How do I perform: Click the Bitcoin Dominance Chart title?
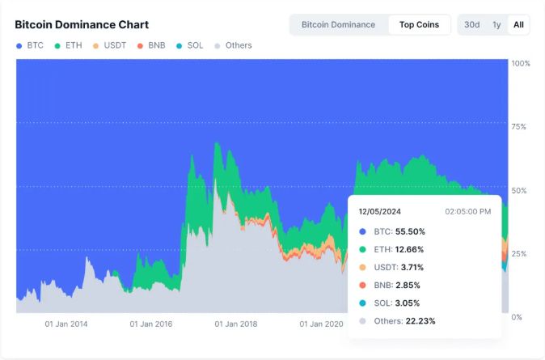click(82, 25)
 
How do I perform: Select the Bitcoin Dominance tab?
click(338, 24)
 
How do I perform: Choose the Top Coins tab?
click(419, 24)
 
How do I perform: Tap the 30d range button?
click(471, 24)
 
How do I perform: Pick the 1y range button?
click(496, 24)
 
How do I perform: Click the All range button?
click(518, 24)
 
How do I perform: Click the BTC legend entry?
click(30, 45)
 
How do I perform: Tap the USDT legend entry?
click(109, 45)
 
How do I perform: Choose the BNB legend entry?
click(152, 45)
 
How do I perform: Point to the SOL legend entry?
click(190, 45)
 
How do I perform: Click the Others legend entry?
click(233, 45)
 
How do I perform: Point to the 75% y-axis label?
click(520, 127)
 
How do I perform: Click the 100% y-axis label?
click(521, 63)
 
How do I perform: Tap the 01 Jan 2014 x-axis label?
click(66, 324)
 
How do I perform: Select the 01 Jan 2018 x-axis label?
click(236, 324)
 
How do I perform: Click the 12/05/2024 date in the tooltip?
click(380, 211)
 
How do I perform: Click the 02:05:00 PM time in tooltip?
click(467, 211)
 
